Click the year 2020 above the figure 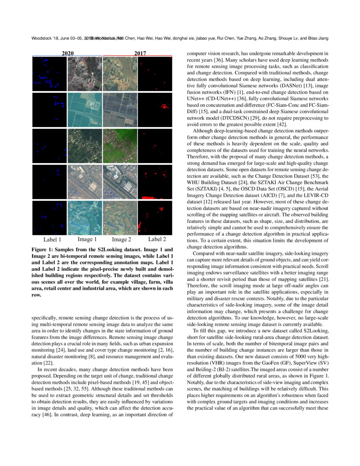click(67, 53)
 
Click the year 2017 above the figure click(140, 53)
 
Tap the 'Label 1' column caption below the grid click(52, 240)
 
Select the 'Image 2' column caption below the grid click(122, 240)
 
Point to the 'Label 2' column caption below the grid click(157, 239)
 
